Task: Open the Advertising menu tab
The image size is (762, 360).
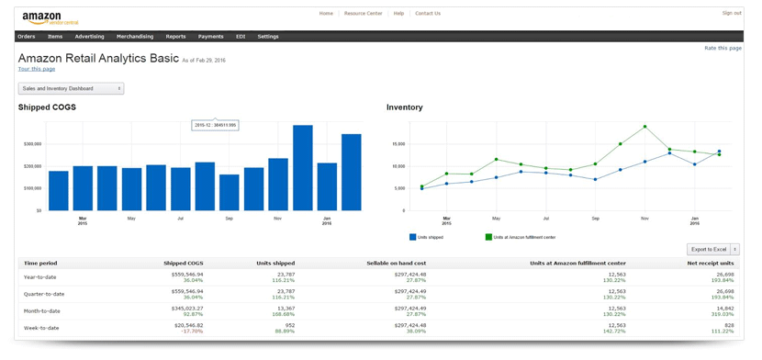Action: click(89, 37)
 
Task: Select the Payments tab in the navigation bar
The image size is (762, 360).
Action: click(210, 37)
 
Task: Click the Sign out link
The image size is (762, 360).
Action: click(731, 13)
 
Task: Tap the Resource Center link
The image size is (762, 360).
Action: click(363, 14)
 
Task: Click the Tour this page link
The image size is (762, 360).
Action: click(37, 69)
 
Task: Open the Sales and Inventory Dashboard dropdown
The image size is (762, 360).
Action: click(71, 88)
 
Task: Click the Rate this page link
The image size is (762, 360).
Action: click(723, 48)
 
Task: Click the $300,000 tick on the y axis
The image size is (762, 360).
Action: click(32, 144)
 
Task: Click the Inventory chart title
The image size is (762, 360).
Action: click(405, 107)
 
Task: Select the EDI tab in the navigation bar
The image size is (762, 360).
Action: click(241, 37)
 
